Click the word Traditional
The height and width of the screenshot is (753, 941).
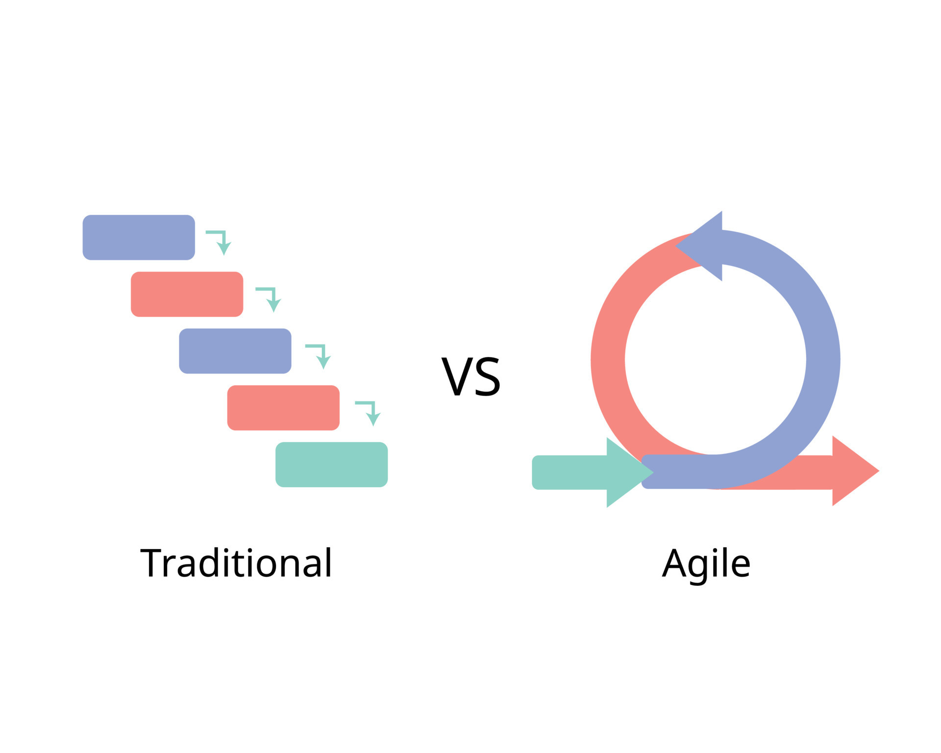tap(236, 563)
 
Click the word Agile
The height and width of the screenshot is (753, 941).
tap(706, 564)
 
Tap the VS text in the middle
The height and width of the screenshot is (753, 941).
tap(470, 376)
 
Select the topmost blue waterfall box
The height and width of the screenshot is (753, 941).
tap(139, 237)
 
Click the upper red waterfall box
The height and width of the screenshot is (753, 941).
tap(187, 294)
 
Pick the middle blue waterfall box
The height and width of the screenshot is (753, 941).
tap(235, 351)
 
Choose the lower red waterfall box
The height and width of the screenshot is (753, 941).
tap(283, 408)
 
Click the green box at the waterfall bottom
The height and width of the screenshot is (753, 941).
tap(331, 465)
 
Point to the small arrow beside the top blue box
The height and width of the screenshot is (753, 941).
tap(220, 241)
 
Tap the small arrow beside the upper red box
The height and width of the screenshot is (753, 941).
tap(270, 298)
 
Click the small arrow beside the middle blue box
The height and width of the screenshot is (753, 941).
tap(320, 355)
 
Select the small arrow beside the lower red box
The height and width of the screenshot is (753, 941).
tap(369, 412)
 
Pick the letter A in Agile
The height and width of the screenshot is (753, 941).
tap(674, 563)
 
